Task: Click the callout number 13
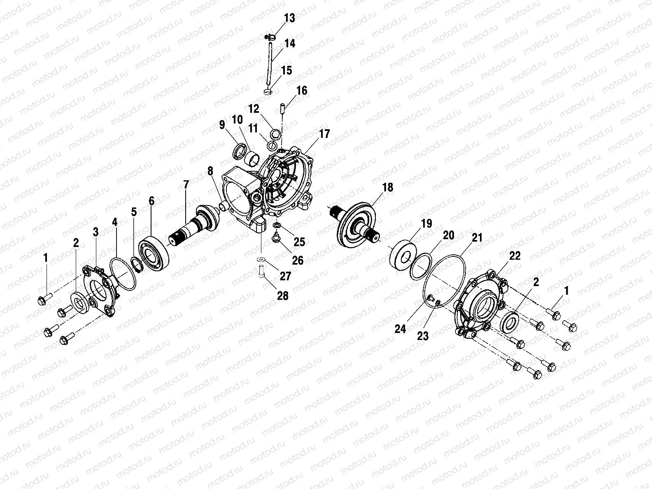click(x=289, y=18)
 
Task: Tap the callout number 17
click(x=324, y=134)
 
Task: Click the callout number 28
click(x=283, y=296)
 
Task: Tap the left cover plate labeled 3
click(x=100, y=290)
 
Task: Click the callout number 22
click(x=515, y=256)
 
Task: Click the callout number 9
click(x=222, y=124)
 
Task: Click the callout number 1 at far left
click(x=46, y=258)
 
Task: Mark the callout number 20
click(x=449, y=235)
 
